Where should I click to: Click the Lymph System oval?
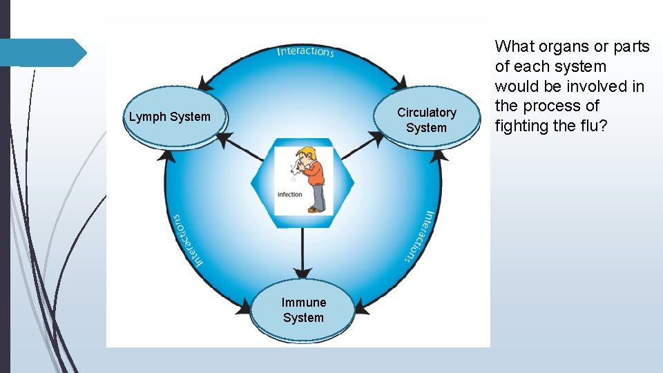click(170, 117)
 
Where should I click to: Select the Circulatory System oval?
click(426, 119)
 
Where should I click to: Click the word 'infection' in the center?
click(290, 194)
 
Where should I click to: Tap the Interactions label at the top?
click(305, 52)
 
